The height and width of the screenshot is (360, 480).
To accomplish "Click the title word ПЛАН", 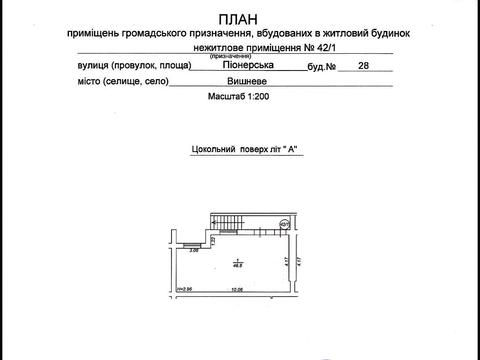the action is (241, 18).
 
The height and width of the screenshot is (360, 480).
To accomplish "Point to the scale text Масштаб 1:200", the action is (240, 101).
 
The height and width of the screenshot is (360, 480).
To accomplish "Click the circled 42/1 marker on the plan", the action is (283, 225).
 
